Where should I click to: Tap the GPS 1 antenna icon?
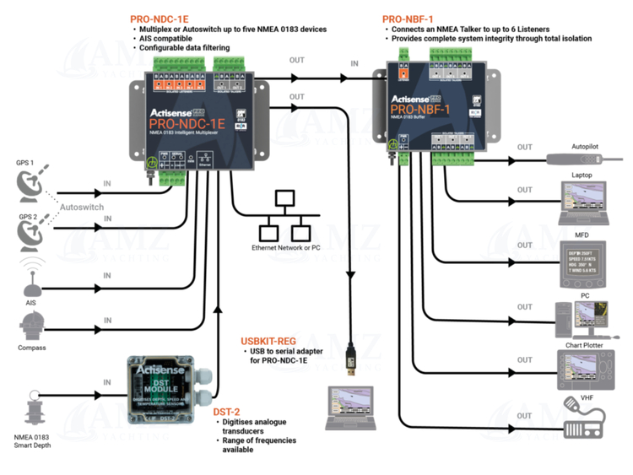coord(35,184)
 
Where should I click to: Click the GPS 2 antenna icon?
coord(35,231)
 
